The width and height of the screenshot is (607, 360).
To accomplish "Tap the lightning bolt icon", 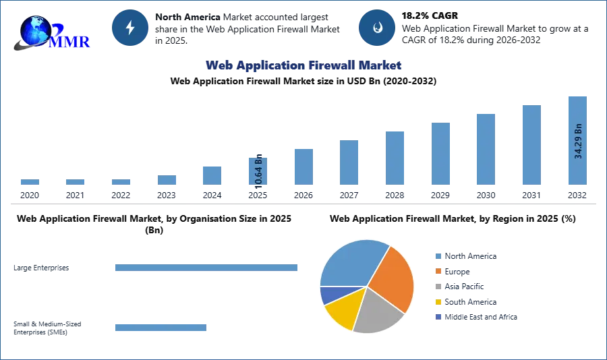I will click(x=130, y=28).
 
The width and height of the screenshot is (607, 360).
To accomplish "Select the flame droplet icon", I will click(x=377, y=28).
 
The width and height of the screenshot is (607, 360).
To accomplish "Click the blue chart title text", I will click(x=303, y=65).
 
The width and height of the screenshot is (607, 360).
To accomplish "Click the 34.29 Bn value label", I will click(x=578, y=141).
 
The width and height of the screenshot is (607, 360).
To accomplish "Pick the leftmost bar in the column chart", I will click(x=29, y=183).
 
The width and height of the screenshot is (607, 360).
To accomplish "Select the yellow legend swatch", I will click(x=438, y=302).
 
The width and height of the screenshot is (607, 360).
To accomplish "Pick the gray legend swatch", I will click(x=438, y=287).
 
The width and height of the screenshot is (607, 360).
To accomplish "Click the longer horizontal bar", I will click(x=207, y=269).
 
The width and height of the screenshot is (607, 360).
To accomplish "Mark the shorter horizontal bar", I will click(x=161, y=328).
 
